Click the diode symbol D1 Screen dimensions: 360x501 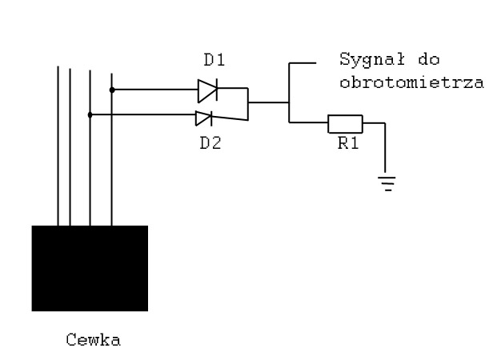click(x=208, y=91)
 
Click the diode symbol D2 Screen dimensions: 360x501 click(x=204, y=118)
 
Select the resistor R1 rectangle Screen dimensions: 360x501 click(x=345, y=123)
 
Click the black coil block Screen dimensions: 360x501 click(x=90, y=268)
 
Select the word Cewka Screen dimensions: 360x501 click(x=94, y=340)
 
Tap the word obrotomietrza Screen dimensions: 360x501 click(x=411, y=82)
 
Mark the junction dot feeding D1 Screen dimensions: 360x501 click(x=111, y=90)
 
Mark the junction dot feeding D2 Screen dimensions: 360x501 click(x=90, y=114)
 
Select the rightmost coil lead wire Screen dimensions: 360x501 click(x=111, y=160)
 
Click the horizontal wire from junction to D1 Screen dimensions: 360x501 click(x=152, y=90)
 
